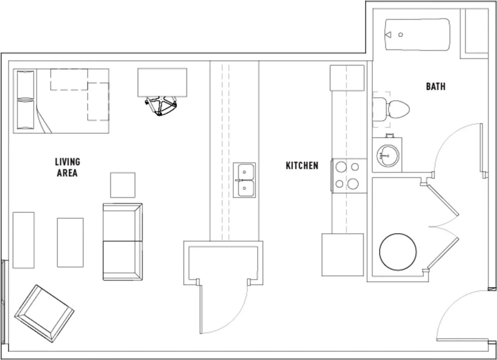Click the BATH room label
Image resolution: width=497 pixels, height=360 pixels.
(436, 87)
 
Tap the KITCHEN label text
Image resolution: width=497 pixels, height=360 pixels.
(302, 166)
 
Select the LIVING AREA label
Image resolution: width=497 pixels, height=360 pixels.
(67, 167)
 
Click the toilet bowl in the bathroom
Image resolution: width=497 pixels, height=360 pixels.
(399, 109)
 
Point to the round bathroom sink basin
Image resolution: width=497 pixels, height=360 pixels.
(388, 156)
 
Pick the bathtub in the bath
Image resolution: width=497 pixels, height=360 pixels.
(418, 35)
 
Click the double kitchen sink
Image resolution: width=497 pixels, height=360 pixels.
(244, 180)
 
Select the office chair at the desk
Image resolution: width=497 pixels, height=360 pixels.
(161, 106)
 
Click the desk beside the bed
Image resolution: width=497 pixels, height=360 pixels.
(162, 83)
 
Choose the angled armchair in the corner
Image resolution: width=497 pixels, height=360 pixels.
(44, 314)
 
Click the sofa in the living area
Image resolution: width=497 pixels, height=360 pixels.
(123, 242)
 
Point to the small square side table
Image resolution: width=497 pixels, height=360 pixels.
(123, 185)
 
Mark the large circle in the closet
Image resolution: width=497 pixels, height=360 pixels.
(398, 252)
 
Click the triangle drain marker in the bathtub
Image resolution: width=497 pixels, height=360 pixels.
(388, 35)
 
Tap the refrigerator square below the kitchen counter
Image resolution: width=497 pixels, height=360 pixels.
(343, 255)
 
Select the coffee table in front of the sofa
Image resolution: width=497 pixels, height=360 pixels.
(70, 242)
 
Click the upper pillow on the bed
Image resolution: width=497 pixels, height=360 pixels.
(26, 85)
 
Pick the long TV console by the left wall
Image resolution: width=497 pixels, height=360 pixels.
(24, 240)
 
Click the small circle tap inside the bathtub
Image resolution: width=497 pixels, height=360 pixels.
(400, 35)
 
